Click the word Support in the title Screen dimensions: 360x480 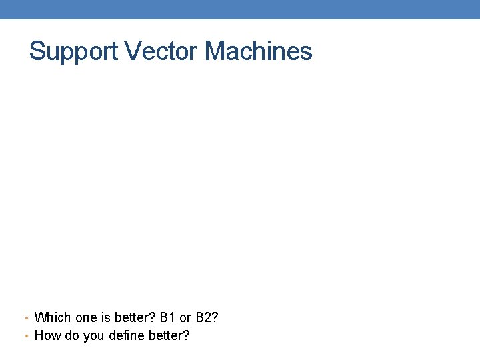click(x=71, y=52)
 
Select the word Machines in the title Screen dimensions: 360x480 click(x=259, y=51)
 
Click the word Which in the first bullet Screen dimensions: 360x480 click(x=52, y=317)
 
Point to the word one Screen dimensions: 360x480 click(x=85, y=317)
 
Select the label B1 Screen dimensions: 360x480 click(x=168, y=317)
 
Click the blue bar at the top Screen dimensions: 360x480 click(x=240, y=9)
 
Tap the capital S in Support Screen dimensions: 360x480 click(x=37, y=51)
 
